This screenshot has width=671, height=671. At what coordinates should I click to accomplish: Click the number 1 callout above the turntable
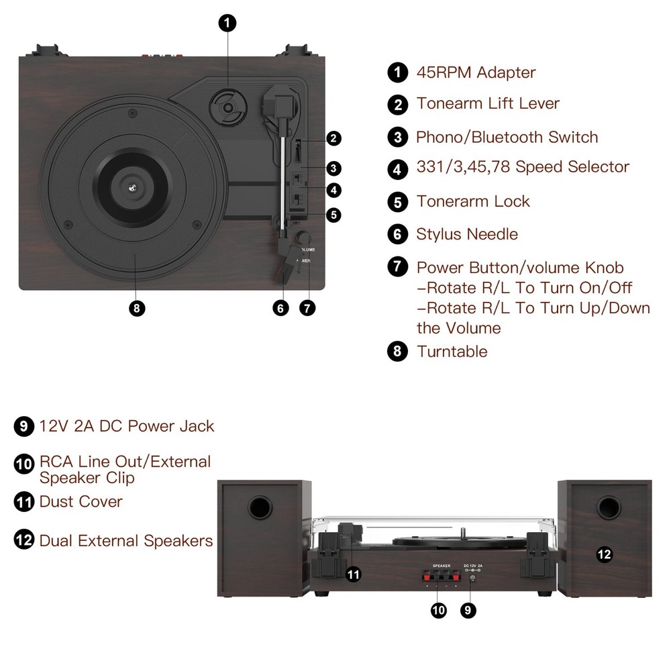[227, 23]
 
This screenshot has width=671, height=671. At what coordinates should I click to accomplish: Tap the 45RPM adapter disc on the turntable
[229, 107]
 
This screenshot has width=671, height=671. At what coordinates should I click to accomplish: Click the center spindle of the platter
[133, 187]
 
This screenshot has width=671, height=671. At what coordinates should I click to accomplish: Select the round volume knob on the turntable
[304, 238]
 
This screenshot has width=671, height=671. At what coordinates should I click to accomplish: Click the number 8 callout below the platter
[137, 308]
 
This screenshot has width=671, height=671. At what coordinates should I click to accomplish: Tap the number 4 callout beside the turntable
[333, 190]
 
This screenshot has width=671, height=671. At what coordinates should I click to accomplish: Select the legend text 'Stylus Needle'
[467, 234]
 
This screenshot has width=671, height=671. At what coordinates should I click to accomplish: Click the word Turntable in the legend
[452, 352]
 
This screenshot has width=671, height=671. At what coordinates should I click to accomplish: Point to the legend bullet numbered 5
[397, 202]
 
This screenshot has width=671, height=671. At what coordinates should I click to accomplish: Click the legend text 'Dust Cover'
[81, 501]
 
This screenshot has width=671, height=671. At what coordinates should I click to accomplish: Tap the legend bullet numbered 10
[24, 464]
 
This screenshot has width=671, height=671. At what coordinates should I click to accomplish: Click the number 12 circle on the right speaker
[605, 555]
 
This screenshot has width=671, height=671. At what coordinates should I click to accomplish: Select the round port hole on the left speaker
[260, 508]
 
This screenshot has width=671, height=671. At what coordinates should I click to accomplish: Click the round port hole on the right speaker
[609, 508]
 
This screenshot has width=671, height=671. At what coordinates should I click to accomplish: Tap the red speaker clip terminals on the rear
[442, 576]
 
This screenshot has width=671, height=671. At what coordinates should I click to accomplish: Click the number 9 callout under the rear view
[468, 610]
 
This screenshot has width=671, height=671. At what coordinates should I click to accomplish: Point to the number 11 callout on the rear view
[354, 574]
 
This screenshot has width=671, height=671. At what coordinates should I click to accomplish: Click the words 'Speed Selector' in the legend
[572, 166]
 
